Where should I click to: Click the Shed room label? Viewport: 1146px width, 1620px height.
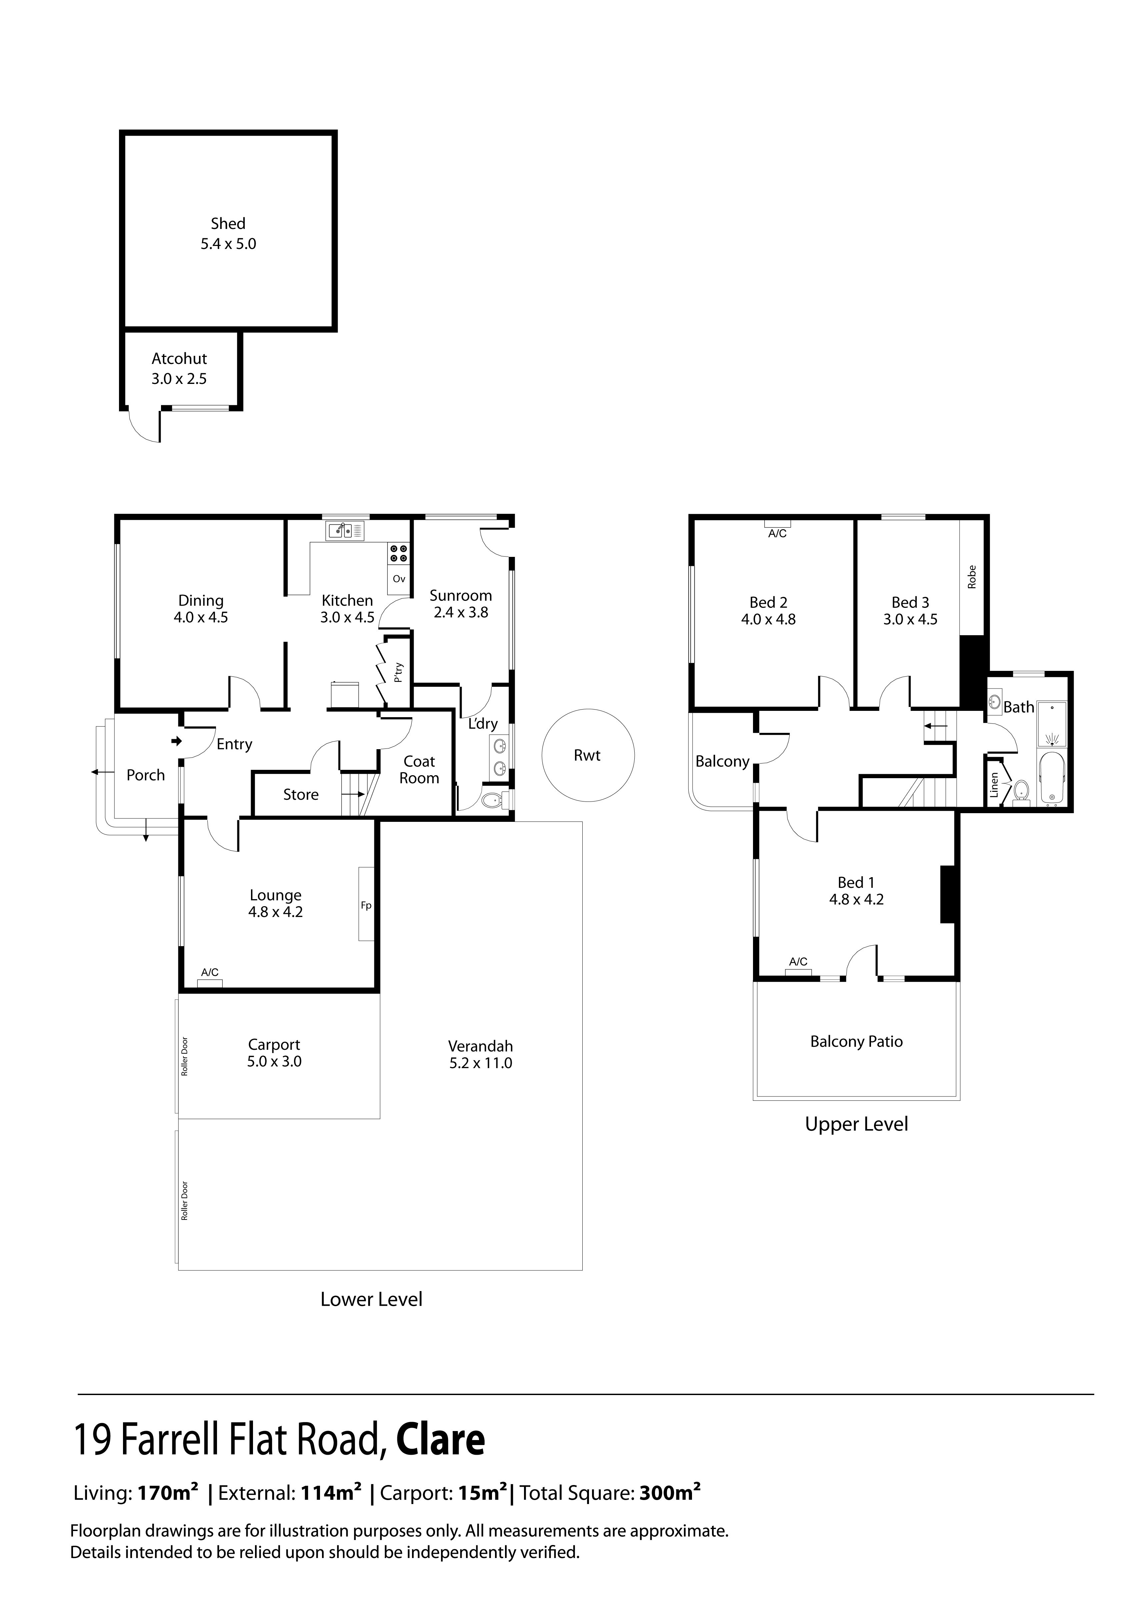point(228,224)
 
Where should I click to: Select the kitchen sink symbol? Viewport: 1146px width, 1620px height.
point(345,530)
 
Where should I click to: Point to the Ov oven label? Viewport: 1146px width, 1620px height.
point(399,579)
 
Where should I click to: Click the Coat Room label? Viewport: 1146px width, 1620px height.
point(419,770)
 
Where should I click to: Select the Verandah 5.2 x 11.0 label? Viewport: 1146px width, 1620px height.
point(481,1055)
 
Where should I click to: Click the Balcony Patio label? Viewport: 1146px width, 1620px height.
point(856,1041)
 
